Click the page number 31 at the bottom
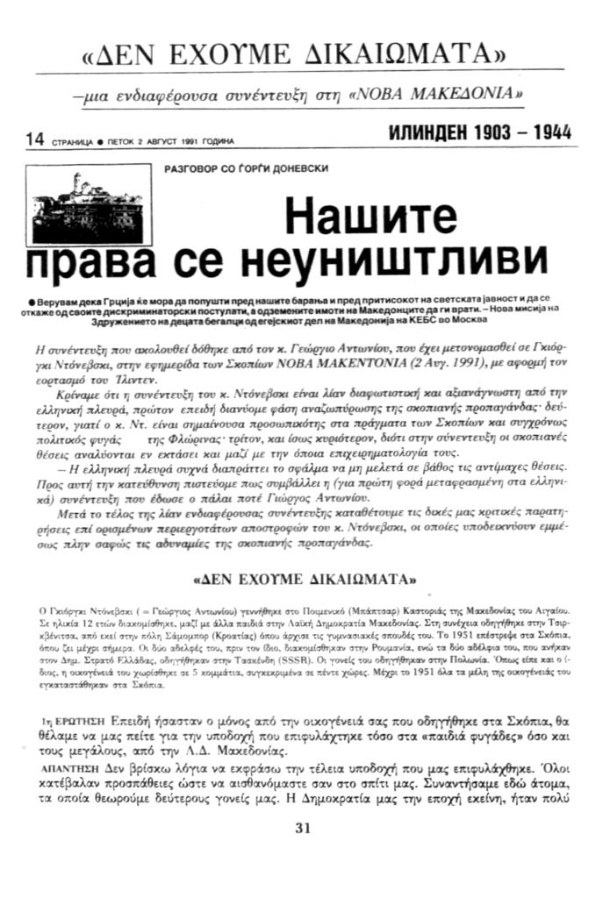point(304,827)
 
